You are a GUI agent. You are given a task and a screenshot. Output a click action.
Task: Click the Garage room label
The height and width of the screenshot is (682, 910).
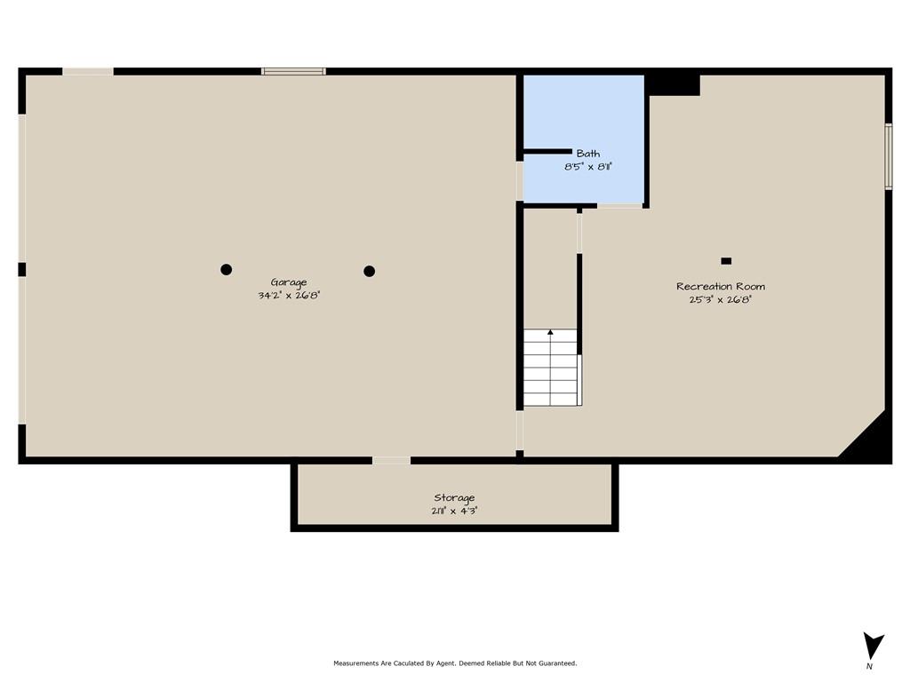click(x=289, y=283)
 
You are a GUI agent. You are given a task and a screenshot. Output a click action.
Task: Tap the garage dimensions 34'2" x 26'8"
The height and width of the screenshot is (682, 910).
click(x=289, y=295)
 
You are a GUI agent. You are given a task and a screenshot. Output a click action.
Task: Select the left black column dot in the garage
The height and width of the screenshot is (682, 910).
click(x=227, y=269)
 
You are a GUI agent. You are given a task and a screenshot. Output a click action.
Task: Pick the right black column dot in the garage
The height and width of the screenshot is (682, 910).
click(x=369, y=271)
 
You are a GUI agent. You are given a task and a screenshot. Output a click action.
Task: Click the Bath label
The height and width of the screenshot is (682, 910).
click(x=588, y=154)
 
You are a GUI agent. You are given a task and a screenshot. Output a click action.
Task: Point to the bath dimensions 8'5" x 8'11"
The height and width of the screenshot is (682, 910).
click(x=588, y=167)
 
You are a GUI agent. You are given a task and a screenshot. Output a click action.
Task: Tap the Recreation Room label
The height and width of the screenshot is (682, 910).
click(x=720, y=287)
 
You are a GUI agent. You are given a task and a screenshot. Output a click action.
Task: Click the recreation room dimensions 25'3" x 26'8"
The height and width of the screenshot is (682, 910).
click(x=720, y=300)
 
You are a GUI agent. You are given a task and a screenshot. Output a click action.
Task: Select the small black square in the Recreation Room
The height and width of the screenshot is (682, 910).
click(x=726, y=261)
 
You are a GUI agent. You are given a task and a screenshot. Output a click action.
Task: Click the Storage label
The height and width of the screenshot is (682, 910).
click(x=454, y=497)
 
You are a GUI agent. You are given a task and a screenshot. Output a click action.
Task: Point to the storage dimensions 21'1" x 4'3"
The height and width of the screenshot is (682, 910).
click(x=454, y=511)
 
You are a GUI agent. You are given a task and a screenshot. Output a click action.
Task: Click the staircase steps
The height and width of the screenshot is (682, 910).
click(x=551, y=368)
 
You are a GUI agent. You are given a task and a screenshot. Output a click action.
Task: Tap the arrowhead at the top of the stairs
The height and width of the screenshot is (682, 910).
click(x=550, y=332)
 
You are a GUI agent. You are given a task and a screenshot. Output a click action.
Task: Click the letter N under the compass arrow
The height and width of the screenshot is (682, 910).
click(x=869, y=666)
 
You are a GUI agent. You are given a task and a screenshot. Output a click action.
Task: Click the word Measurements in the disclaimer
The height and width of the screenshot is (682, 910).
click(x=355, y=662)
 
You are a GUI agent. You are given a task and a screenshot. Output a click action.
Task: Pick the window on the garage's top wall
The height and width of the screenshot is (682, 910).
click(x=293, y=71)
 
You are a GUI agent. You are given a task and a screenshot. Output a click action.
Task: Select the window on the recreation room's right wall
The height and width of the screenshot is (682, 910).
click(x=889, y=156)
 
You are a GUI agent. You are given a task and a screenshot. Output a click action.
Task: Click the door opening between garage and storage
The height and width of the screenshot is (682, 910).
click(x=391, y=461)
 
